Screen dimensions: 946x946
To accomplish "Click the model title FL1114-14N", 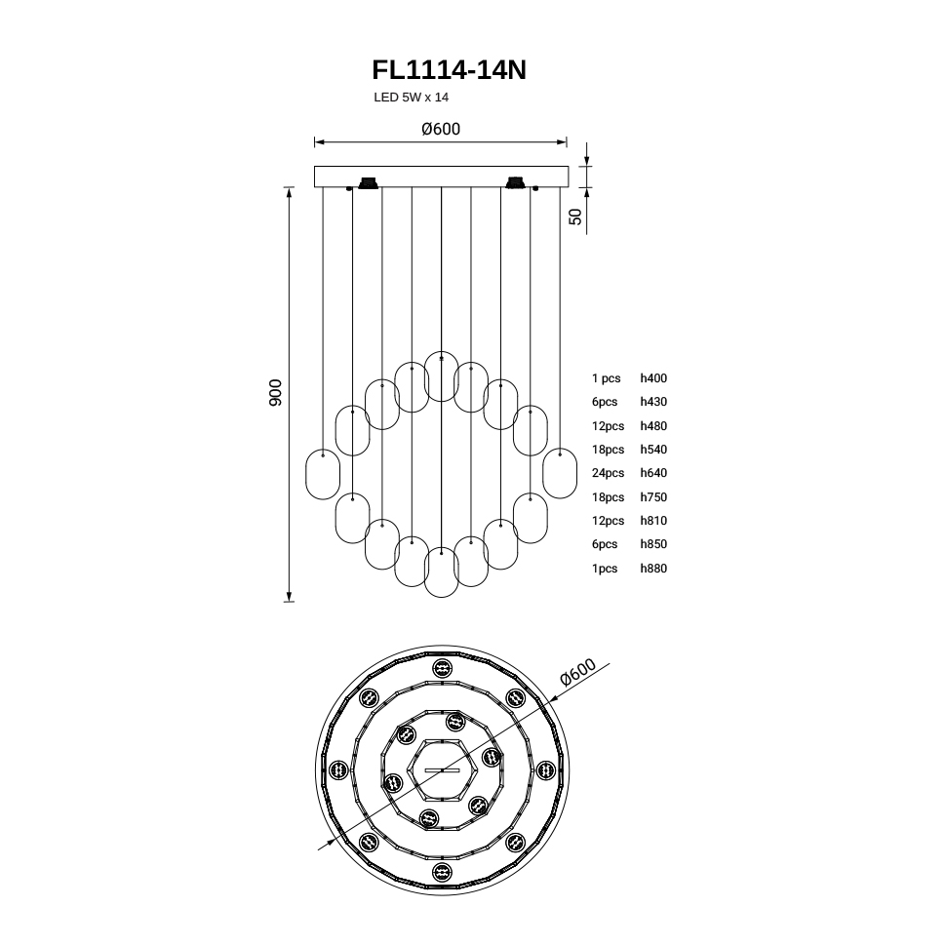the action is [449, 70].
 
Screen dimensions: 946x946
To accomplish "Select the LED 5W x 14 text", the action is [411, 98].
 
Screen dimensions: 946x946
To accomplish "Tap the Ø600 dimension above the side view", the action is [441, 129].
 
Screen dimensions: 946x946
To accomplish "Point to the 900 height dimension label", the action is [275, 393].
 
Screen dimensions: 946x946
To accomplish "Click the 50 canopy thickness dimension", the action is [576, 217].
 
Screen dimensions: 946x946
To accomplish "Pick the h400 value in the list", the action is [653, 378].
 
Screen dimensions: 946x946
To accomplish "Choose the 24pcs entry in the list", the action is [608, 473].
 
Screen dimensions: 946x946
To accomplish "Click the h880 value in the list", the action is [653, 569].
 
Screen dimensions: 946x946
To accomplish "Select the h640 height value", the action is [653, 473].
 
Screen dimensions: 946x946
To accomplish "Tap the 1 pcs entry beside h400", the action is [606, 378].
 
